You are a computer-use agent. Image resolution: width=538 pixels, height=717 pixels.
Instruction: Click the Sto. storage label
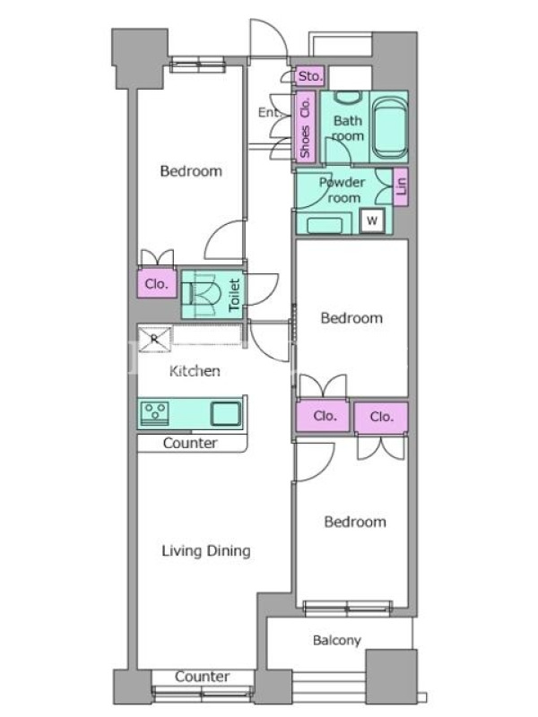310,76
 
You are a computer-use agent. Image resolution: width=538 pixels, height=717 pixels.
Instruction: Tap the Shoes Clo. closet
304,125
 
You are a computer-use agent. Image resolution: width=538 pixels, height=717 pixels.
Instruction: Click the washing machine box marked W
371,220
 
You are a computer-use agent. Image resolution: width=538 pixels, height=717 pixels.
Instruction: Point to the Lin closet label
401,186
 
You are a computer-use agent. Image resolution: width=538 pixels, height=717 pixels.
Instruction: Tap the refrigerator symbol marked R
154,339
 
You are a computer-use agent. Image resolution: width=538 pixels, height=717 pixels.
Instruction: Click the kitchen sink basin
226,413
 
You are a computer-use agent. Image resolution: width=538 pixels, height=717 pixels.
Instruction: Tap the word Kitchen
195,371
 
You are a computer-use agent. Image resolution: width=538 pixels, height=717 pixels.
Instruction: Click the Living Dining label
206,551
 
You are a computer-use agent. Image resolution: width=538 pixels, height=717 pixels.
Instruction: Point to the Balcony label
337,640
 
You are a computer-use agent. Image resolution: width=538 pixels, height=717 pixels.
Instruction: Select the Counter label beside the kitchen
190,443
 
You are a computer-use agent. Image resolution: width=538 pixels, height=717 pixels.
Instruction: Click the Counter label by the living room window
203,677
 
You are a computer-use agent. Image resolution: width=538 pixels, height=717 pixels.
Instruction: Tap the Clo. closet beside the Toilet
157,284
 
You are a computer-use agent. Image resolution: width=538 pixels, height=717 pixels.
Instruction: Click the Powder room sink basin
325,226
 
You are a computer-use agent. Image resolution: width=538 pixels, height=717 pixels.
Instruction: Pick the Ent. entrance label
270,112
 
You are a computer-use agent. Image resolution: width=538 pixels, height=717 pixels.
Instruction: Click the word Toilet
234,295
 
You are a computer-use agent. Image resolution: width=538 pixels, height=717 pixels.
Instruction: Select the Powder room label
343,190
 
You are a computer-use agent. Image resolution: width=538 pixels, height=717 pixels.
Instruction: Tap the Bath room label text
348,128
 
